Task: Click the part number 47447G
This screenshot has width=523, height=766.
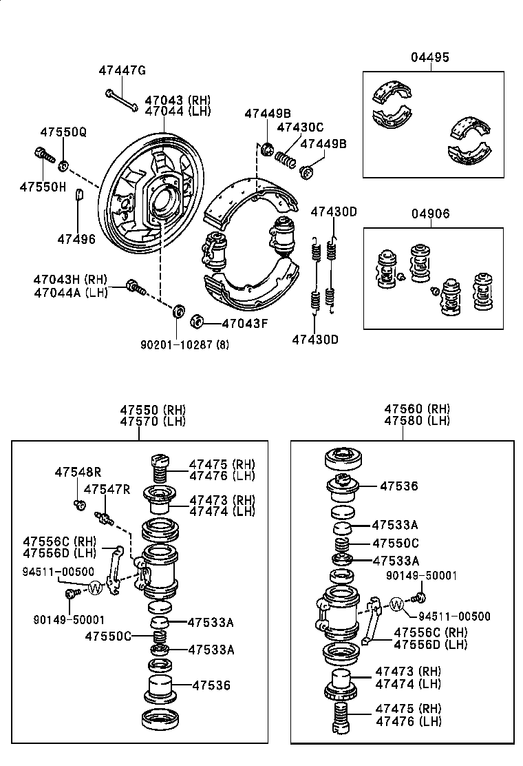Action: coord(122,70)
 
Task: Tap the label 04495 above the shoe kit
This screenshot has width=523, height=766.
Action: coord(430,58)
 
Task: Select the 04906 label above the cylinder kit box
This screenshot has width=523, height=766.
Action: coord(431,214)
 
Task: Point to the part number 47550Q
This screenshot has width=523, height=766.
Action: coord(63,132)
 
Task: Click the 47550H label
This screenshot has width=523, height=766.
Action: coord(43,187)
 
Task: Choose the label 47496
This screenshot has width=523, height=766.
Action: coord(76,238)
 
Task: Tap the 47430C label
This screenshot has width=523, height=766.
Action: coord(300,127)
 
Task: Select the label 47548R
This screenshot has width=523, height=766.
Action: coord(78,472)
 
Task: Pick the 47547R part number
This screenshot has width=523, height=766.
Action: coord(107,489)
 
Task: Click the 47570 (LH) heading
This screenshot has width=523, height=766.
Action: coord(152,422)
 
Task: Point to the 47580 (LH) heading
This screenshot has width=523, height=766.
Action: coord(417,421)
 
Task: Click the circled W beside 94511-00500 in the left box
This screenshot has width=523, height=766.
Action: coord(95,588)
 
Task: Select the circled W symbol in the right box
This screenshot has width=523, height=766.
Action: coord(397,604)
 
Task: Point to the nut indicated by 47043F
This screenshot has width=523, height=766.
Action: coord(195,320)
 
